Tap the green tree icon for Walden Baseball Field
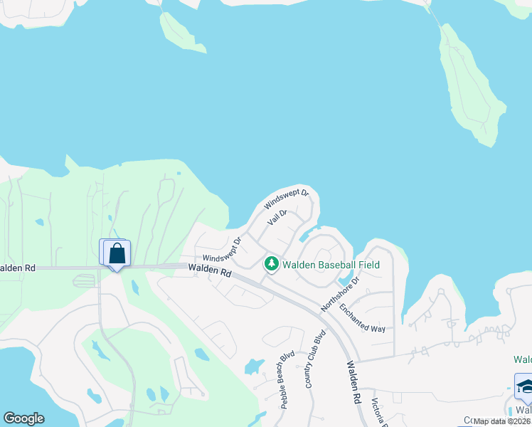click(x=271, y=264)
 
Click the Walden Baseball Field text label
click(x=331, y=265)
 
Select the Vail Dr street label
click(x=277, y=218)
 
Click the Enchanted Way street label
click(x=362, y=318)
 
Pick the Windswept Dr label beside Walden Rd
click(x=222, y=248)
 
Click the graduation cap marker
click(x=525, y=386)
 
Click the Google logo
click(x=23, y=418)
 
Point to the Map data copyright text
click(x=502, y=421)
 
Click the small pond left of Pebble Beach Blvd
click(x=253, y=367)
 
